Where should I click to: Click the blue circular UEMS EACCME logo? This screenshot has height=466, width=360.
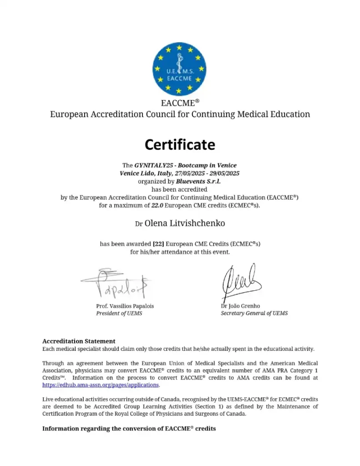[179, 69]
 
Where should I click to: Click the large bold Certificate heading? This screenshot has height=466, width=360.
[180, 145]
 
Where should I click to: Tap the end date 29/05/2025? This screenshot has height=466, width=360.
[223, 173]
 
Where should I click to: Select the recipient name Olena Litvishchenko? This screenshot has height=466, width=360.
[184, 223]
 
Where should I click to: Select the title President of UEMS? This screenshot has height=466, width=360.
[119, 314]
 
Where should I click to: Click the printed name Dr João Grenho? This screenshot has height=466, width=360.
[240, 306]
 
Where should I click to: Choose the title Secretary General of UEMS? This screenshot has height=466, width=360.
[254, 314]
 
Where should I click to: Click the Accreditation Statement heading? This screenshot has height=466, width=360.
[79, 341]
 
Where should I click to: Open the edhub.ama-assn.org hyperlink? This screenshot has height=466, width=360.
[101, 385]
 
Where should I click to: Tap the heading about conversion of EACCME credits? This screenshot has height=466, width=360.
[129, 428]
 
